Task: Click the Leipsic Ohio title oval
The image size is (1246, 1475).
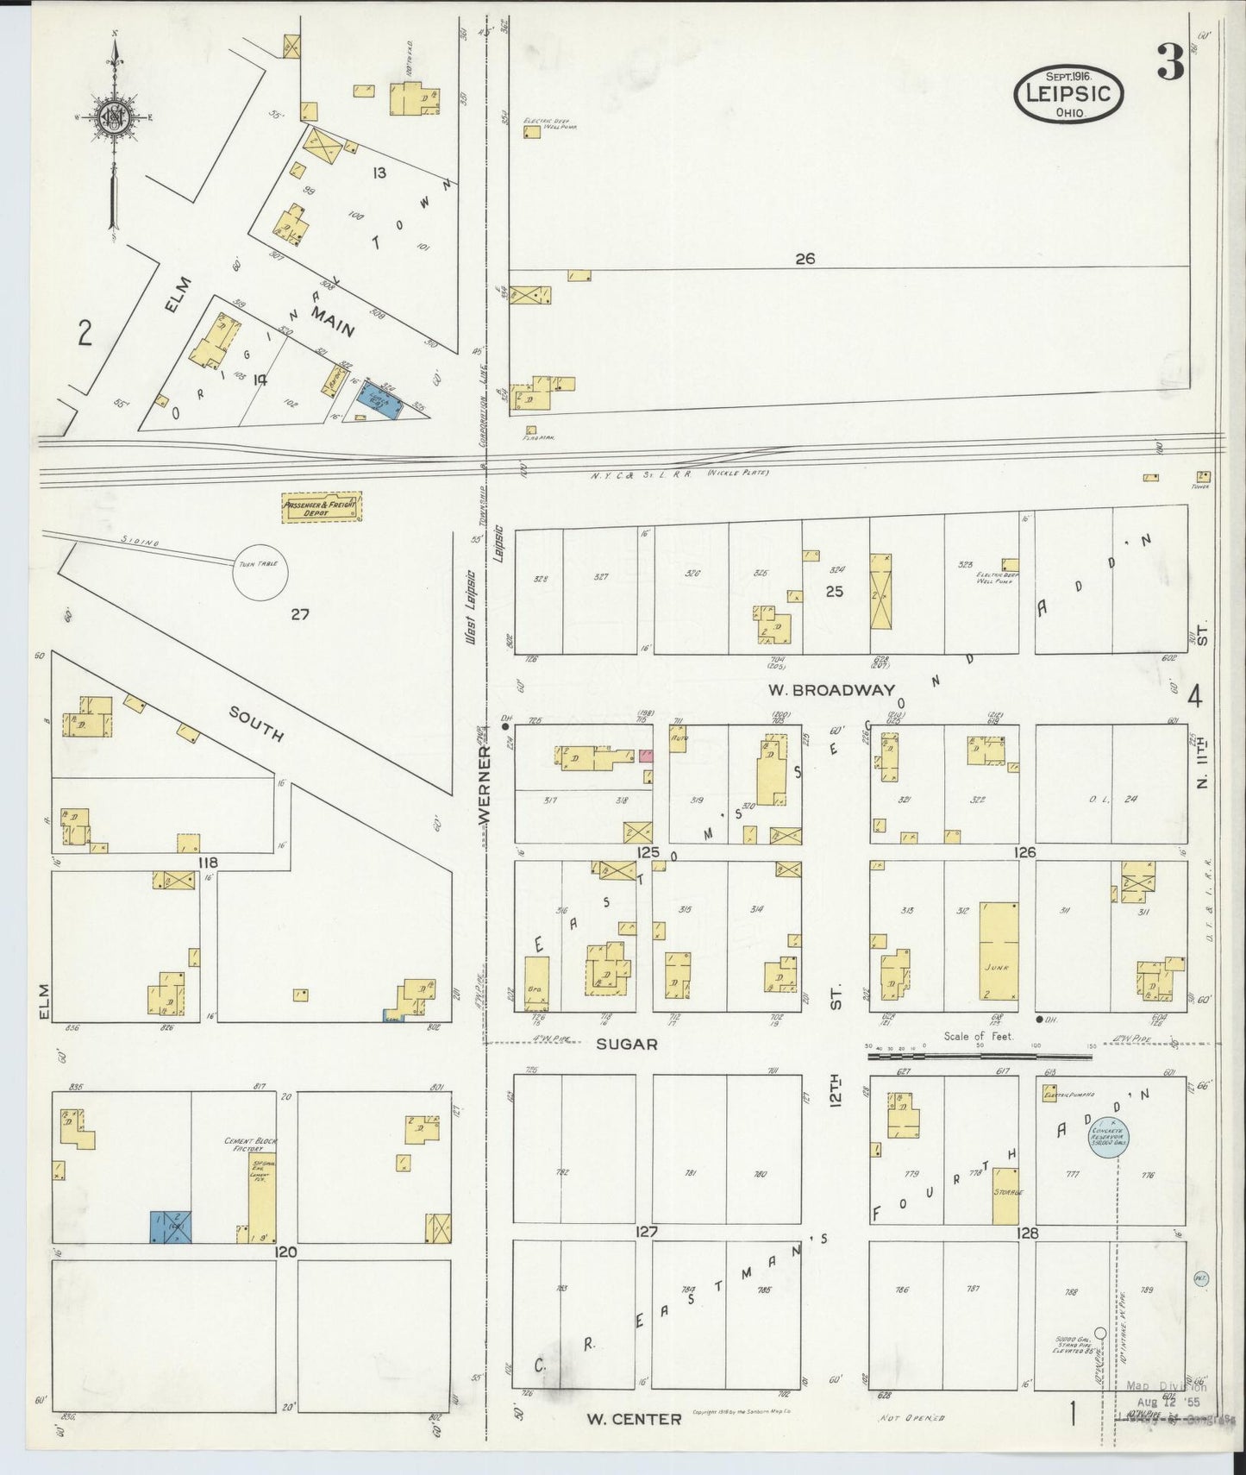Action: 1069,94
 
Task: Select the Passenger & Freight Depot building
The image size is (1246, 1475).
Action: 322,507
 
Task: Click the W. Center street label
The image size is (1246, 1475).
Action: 635,1418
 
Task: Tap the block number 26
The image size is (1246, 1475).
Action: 805,258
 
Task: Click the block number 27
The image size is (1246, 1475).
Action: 299,614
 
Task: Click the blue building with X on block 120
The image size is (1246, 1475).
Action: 171,1227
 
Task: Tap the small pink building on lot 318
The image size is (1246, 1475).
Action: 646,756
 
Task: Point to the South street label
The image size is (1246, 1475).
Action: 256,722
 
